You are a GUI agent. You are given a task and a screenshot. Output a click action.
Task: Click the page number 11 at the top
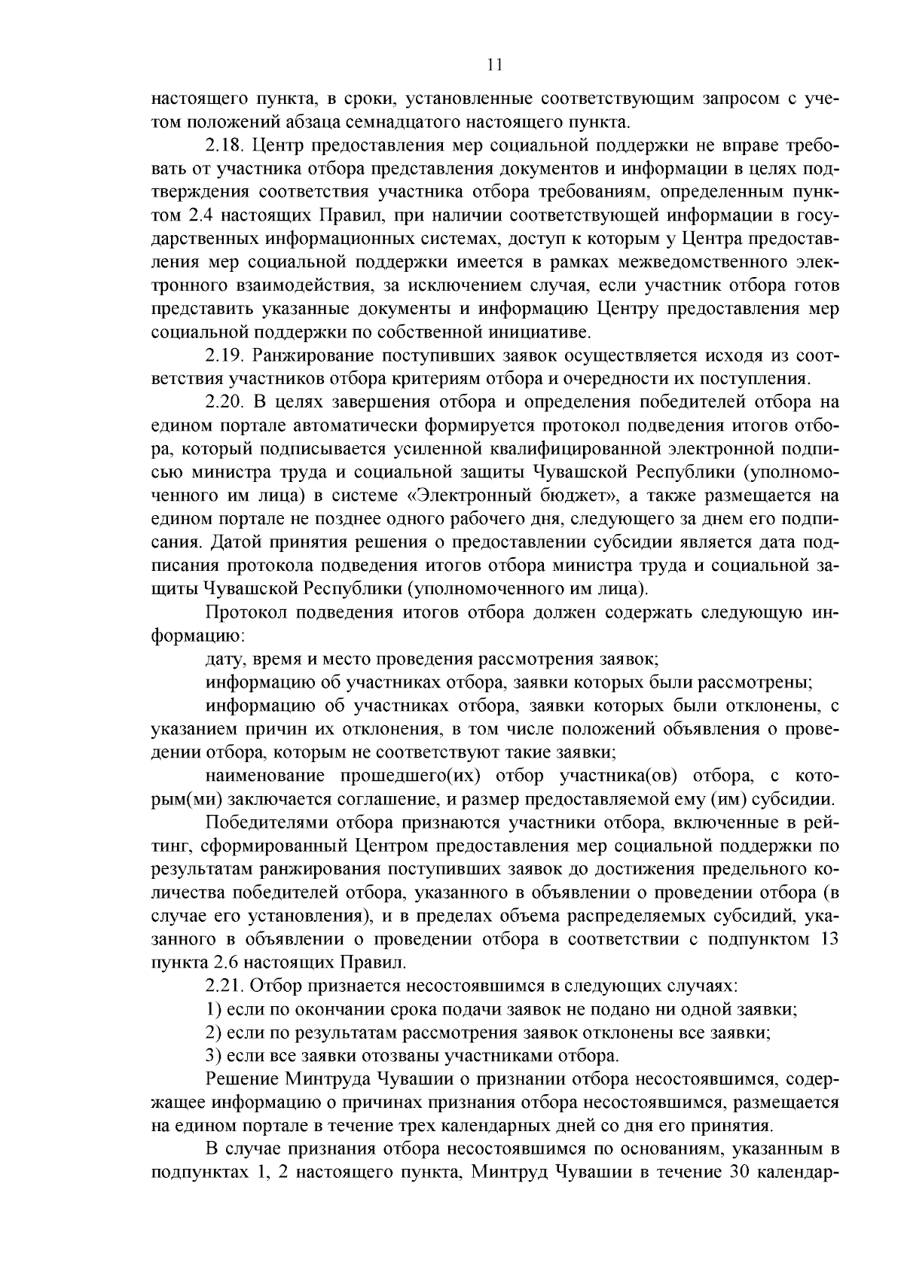click(x=494, y=65)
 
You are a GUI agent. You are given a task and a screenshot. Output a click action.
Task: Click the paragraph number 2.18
click(x=222, y=145)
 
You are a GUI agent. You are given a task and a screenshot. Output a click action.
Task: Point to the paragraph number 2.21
click(x=222, y=985)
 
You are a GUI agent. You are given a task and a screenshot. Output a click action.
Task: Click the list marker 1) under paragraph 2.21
click(x=213, y=1008)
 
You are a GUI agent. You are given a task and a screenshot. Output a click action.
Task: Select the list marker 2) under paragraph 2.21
click(x=213, y=1032)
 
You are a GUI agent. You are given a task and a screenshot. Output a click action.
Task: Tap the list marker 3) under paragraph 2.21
click(x=213, y=1055)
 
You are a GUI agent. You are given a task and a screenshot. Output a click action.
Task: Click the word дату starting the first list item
click(x=221, y=659)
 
